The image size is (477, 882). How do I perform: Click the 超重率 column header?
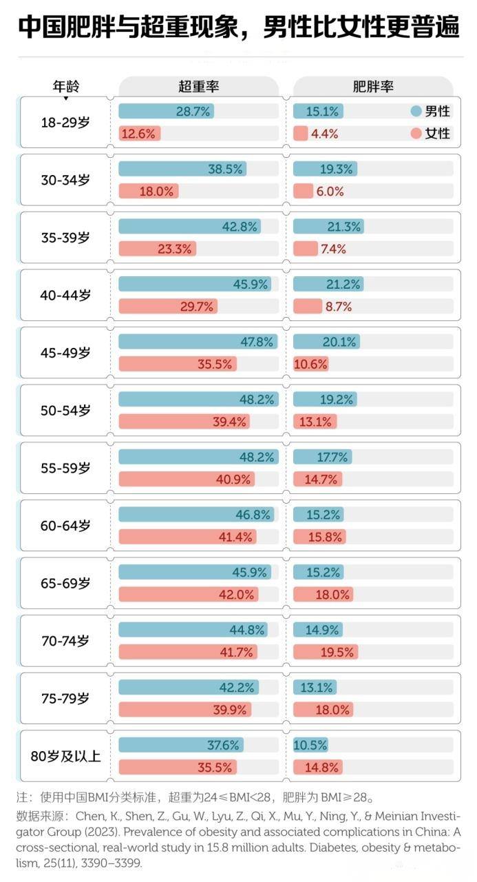point(198,86)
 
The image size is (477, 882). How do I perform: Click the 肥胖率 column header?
point(372,86)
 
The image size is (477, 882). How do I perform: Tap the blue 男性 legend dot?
point(415,111)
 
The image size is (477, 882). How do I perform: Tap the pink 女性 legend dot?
point(415,133)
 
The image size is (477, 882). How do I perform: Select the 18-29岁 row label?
point(65,123)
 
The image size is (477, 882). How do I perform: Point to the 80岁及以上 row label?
point(65,756)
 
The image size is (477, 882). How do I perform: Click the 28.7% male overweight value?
point(193,112)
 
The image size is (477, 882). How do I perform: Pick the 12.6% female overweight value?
point(138,134)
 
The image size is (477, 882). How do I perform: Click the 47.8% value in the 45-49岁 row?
point(257,342)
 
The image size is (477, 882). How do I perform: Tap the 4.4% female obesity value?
point(324,134)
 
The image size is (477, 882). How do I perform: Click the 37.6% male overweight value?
point(222,745)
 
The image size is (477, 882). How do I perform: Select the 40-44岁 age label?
point(65,295)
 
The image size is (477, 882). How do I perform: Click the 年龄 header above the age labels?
point(66,86)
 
